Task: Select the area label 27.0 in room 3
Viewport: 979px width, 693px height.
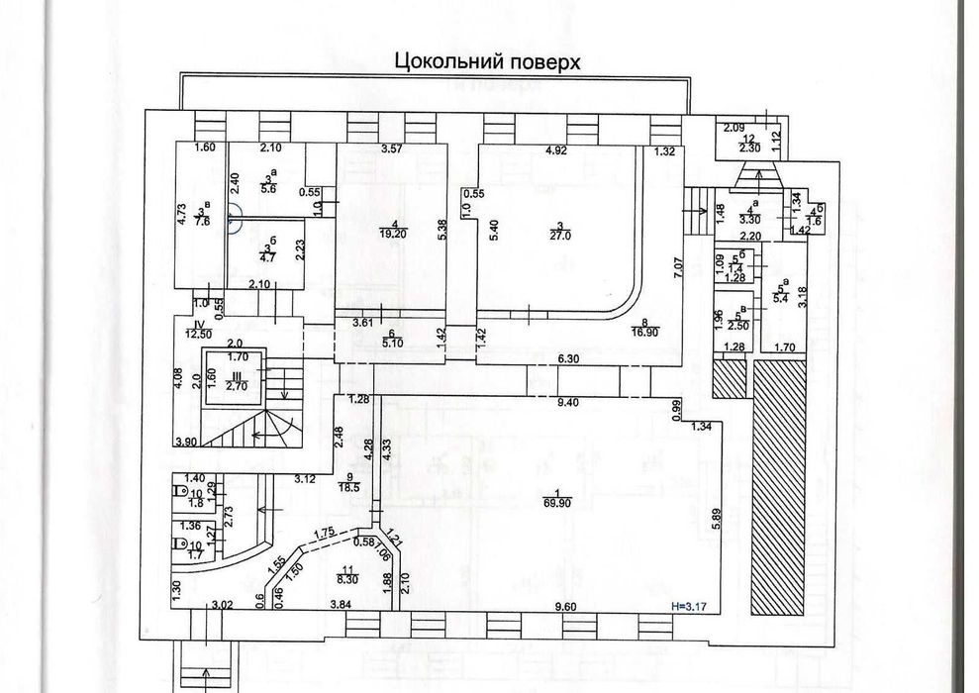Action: [561, 235]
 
